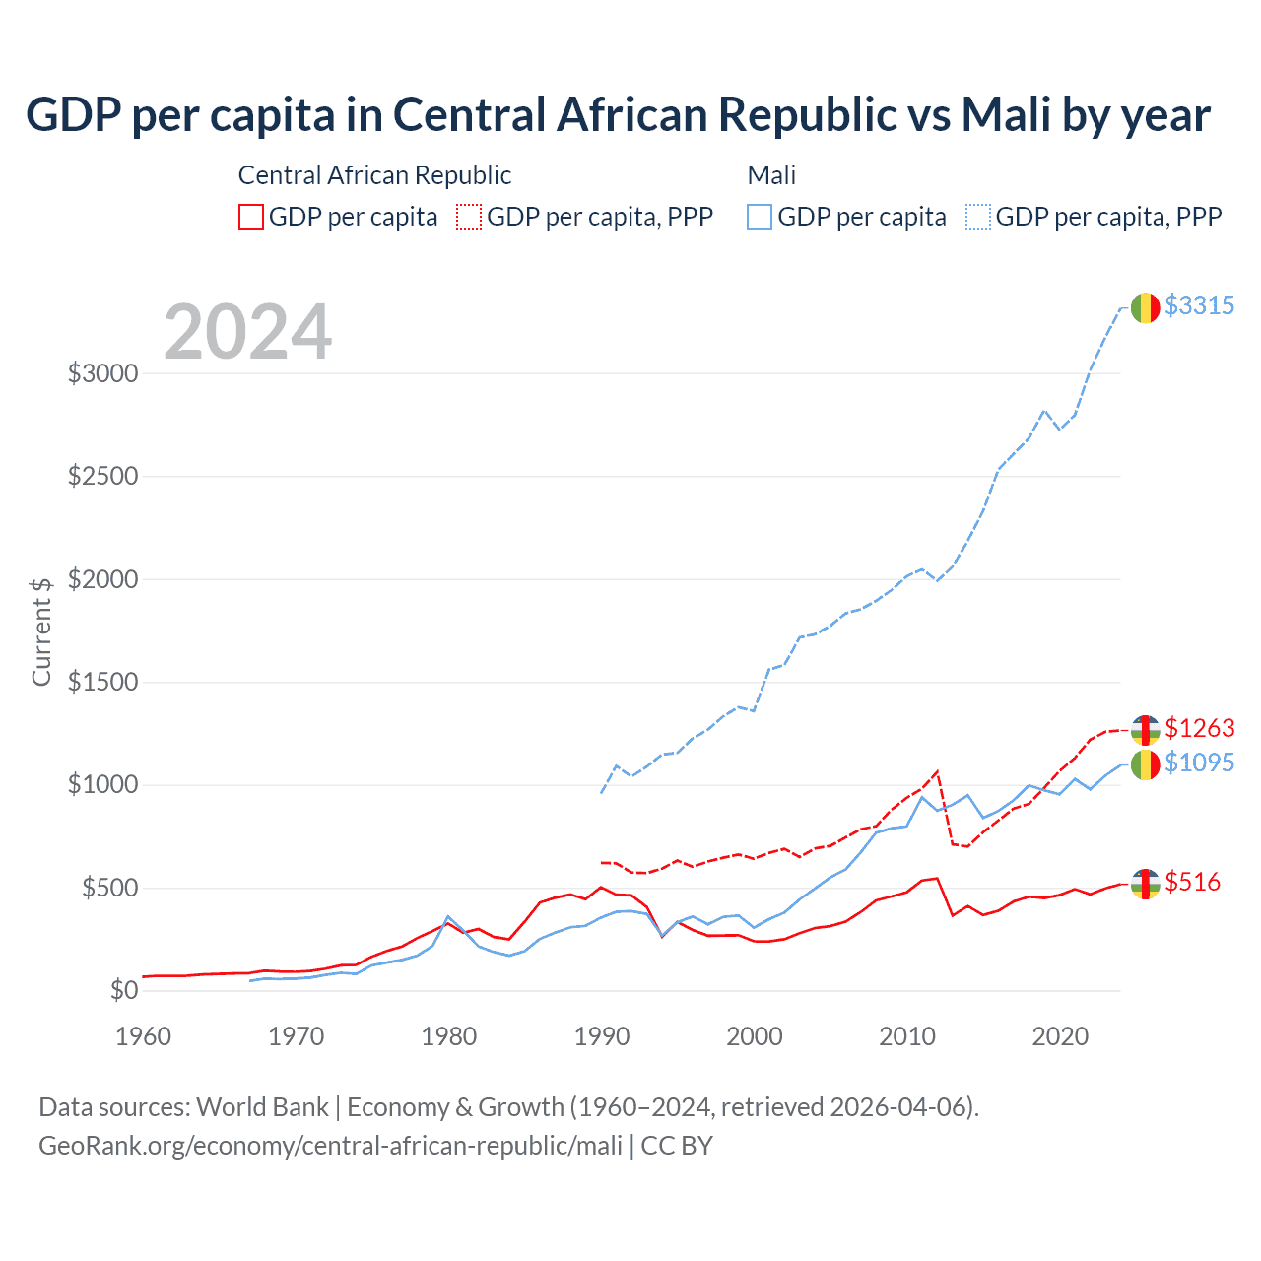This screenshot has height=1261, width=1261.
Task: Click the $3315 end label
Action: point(1199,306)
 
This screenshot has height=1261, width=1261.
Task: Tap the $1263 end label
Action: point(1199,728)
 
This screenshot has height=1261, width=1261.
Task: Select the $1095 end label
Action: point(1199,763)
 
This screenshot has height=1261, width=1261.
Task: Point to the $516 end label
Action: point(1192,882)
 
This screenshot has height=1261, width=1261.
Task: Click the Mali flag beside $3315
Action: point(1145,307)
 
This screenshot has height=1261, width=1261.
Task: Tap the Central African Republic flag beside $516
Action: point(1145,884)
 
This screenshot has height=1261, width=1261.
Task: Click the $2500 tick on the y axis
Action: point(102,477)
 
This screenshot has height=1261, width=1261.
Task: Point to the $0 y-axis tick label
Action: point(123,990)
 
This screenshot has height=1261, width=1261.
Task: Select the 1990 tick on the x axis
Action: point(602,1036)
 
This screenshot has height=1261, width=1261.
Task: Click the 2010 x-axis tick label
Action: point(907,1036)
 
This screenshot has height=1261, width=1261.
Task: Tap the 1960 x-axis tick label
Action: point(144,1036)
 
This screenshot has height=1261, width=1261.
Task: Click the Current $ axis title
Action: point(41,630)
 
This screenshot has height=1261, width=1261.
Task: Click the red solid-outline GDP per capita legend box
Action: point(251,217)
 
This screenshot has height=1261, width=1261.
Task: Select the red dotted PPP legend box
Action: point(470,217)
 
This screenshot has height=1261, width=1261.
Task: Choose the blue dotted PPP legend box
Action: point(978,217)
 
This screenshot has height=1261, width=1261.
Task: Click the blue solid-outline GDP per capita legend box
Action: point(760,217)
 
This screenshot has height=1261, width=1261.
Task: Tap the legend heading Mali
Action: point(771,175)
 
